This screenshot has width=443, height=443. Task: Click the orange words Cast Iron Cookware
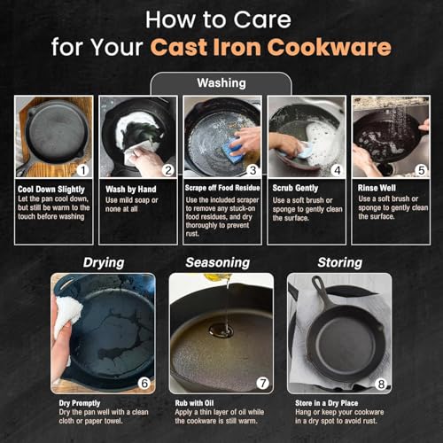coord(271,47)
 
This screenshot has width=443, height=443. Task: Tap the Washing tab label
coord(221,83)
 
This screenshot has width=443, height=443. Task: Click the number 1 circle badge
coord(83,170)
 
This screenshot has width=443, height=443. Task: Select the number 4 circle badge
coord(337,170)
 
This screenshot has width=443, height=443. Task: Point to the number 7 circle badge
coord(262,383)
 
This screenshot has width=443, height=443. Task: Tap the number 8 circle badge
coord(381,384)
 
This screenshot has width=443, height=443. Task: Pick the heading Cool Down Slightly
coord(51,190)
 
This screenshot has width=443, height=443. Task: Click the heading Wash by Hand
coord(131,190)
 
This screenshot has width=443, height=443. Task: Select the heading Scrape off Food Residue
coord(222,188)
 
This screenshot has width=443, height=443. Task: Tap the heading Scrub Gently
coord(295,188)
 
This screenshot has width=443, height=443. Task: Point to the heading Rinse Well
coord(377,188)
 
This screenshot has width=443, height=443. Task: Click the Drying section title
coord(104,262)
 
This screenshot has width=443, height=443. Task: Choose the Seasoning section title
coord(218,262)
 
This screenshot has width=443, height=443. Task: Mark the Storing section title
coord(340,262)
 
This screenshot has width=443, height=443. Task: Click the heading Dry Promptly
coord(80,403)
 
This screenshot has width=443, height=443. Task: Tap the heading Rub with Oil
coord(194,403)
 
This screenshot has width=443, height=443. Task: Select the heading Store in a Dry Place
coord(327,403)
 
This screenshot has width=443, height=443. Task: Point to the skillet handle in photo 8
coord(321,290)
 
